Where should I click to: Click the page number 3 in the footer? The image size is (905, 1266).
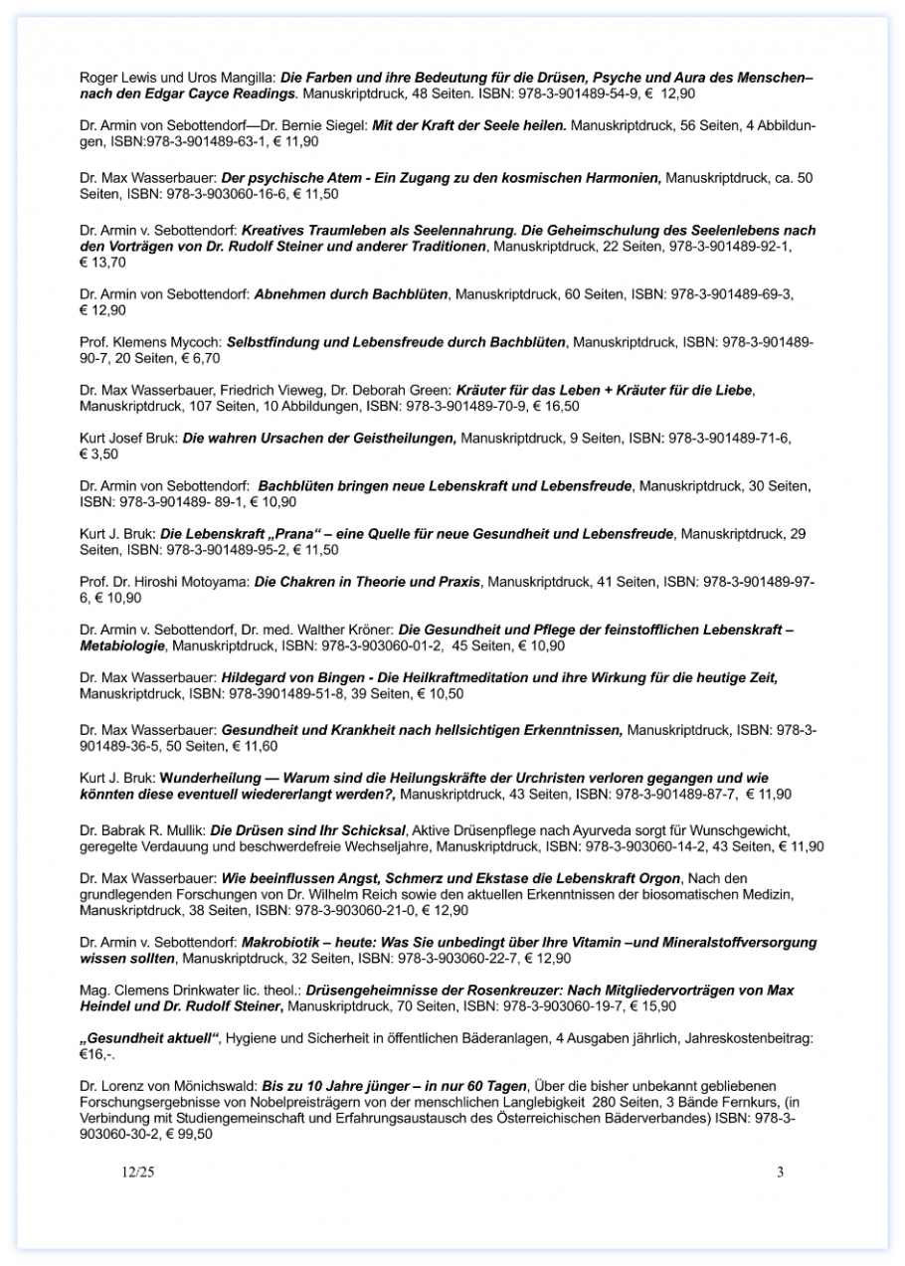point(780,1172)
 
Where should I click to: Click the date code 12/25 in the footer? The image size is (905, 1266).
point(138,1172)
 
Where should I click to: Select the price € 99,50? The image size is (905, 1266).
point(189,1133)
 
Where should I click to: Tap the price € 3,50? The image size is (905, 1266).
point(98,452)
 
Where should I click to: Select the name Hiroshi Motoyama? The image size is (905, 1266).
point(200,581)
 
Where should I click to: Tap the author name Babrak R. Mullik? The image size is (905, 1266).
point(154,829)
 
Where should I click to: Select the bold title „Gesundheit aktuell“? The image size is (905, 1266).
point(148,1038)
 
